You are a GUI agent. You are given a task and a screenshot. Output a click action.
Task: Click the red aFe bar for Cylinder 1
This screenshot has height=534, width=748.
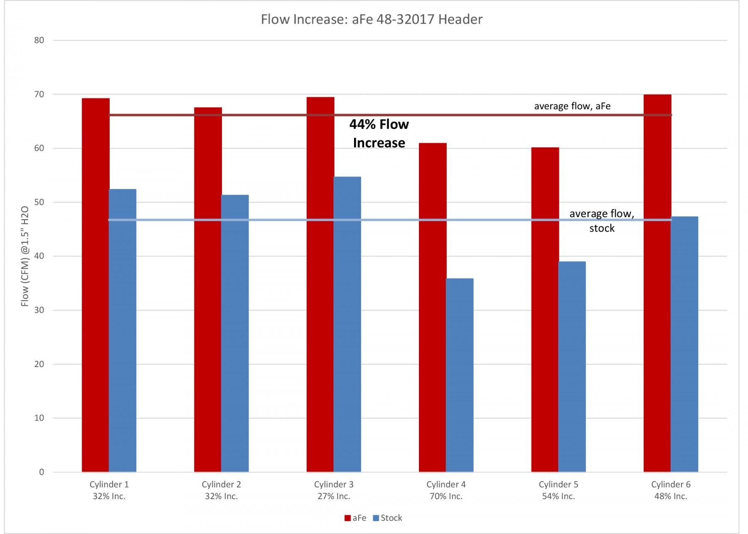coord(96,285)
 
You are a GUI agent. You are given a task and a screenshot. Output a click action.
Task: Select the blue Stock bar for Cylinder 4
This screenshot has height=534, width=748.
coord(460,375)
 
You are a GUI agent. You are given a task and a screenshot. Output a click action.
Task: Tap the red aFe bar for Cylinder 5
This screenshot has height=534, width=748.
coord(545,309)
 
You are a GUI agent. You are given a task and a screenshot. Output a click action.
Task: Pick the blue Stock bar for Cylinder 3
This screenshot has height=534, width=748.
coord(347,324)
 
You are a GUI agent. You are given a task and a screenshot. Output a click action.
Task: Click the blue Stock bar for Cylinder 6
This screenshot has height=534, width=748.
coord(684,344)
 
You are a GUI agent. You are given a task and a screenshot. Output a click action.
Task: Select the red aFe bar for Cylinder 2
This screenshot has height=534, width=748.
coord(208,289)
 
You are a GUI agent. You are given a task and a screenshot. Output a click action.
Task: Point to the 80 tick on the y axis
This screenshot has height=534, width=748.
coord(39,40)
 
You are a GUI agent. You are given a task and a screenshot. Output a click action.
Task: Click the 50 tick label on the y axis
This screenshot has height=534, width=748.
coord(39,202)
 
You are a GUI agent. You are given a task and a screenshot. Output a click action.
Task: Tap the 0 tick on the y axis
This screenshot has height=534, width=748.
coord(42,472)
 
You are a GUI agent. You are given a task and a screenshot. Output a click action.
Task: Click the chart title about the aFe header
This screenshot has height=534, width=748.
coord(372,19)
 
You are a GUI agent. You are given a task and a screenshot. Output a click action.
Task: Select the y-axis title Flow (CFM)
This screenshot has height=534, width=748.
coord(25,256)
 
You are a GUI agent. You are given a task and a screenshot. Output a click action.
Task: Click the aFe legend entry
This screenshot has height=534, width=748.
coord(355,518)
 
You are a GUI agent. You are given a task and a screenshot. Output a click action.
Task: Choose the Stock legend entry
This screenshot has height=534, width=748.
coord(387,518)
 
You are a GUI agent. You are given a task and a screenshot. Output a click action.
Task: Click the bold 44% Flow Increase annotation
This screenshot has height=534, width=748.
coord(379,133)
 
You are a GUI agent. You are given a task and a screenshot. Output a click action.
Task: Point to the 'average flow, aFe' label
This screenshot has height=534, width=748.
coord(572,106)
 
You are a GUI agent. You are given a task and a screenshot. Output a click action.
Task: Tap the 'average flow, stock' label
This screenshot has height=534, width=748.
coord(602,220)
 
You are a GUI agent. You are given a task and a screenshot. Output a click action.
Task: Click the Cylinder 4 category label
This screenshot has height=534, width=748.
coord(446,484)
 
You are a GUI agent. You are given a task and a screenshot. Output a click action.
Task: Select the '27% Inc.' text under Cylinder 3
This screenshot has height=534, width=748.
coord(334,496)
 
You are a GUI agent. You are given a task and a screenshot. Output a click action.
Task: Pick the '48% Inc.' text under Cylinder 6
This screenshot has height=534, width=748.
coord(671,496)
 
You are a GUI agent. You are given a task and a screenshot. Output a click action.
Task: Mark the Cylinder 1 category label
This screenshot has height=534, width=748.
coord(109,484)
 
